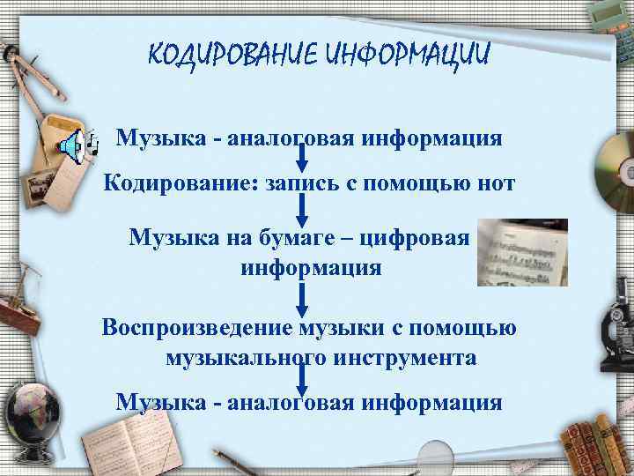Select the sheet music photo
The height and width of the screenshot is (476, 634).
[522, 252]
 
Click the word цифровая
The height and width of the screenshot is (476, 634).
[422, 237]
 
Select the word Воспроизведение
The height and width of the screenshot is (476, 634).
[207, 328]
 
